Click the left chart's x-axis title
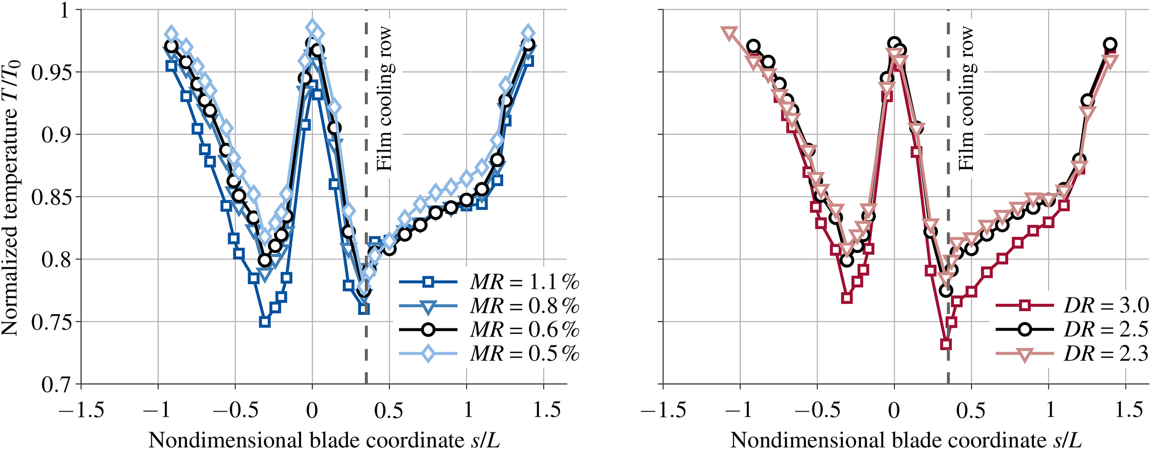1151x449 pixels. click(x=324, y=440)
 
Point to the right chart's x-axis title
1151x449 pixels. click(x=906, y=440)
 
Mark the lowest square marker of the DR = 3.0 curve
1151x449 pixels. click(x=945, y=344)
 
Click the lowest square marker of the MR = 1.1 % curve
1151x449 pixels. click(x=265, y=322)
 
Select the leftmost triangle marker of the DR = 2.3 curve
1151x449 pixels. click(x=729, y=33)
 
